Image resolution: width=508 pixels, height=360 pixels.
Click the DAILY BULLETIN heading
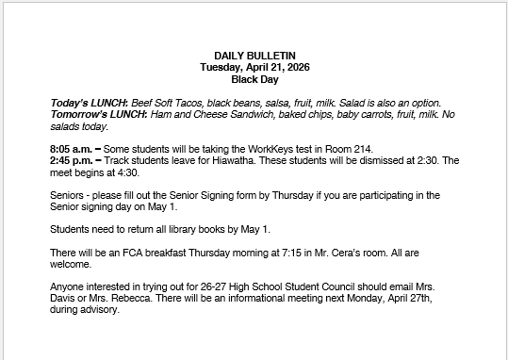[x=254, y=56]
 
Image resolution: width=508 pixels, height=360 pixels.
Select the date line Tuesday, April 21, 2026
[x=254, y=67]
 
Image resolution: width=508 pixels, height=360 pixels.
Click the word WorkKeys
[x=306, y=149]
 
